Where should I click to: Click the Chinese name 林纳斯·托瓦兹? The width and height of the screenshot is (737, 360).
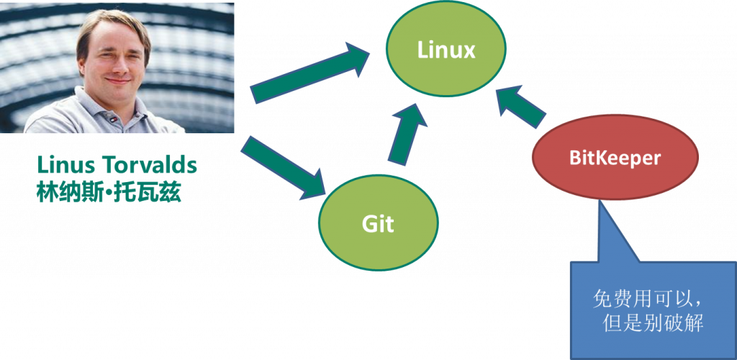[109, 192]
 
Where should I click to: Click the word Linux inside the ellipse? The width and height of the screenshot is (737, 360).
[446, 50]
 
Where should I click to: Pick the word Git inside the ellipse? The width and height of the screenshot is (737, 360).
[378, 224]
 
